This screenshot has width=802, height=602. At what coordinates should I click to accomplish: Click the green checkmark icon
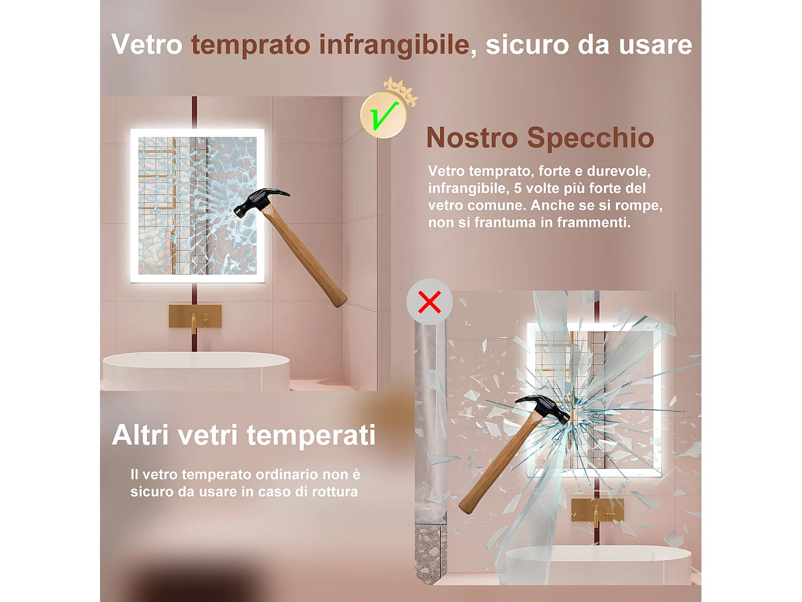coord(383,115)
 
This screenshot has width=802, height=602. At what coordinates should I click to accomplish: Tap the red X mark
coord(429,302)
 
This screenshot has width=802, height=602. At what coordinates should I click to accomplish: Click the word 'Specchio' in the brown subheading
coord(590,138)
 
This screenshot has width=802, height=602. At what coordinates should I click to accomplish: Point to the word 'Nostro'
coord(472,138)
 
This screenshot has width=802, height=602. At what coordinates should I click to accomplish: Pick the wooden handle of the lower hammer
coord(495,466)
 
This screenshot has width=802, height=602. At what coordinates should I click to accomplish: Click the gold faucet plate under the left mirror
coord(195,316)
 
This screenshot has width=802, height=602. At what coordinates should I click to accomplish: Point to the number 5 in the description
coord(518,188)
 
